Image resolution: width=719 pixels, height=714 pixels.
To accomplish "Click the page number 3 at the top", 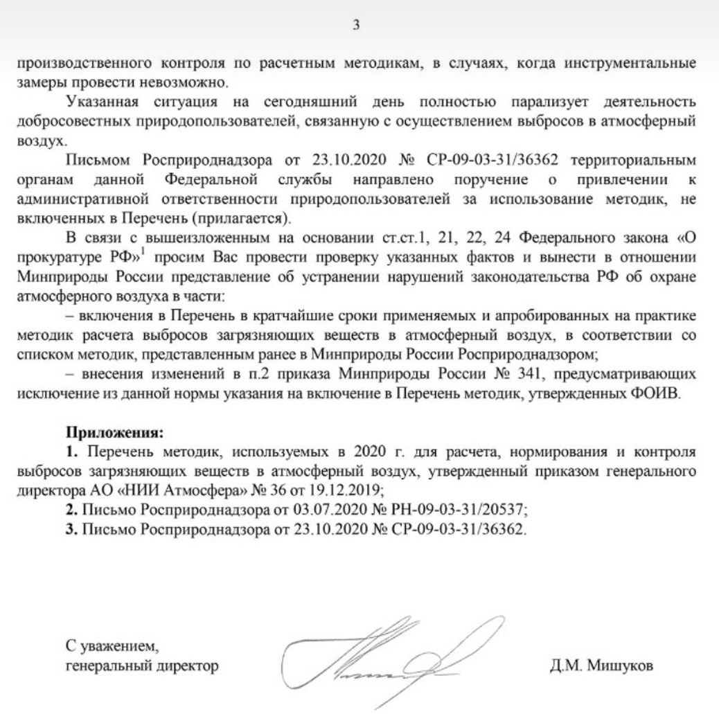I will (357, 26).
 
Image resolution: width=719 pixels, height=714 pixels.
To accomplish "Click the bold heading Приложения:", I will (115, 434).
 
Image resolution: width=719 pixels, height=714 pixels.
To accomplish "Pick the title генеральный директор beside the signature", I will (142, 666).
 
